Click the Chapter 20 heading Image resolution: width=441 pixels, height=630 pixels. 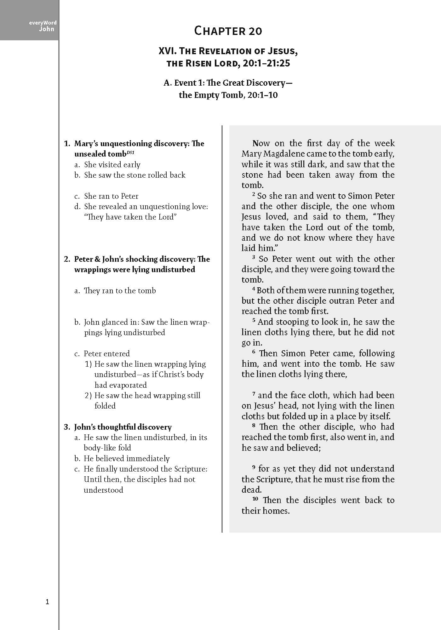228,31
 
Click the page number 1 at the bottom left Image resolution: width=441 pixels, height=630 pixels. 48,602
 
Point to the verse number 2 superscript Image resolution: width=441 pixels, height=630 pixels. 254,194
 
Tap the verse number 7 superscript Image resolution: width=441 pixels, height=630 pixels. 254,394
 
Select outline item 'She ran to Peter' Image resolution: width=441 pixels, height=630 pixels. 111,196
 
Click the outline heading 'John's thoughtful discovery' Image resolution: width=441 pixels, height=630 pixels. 123,427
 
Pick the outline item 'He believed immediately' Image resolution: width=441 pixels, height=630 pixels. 126,459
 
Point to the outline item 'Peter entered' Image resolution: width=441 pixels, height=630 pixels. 106,354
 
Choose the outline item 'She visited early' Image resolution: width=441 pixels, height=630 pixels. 112,165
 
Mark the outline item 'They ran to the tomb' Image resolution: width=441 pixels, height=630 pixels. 120,291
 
